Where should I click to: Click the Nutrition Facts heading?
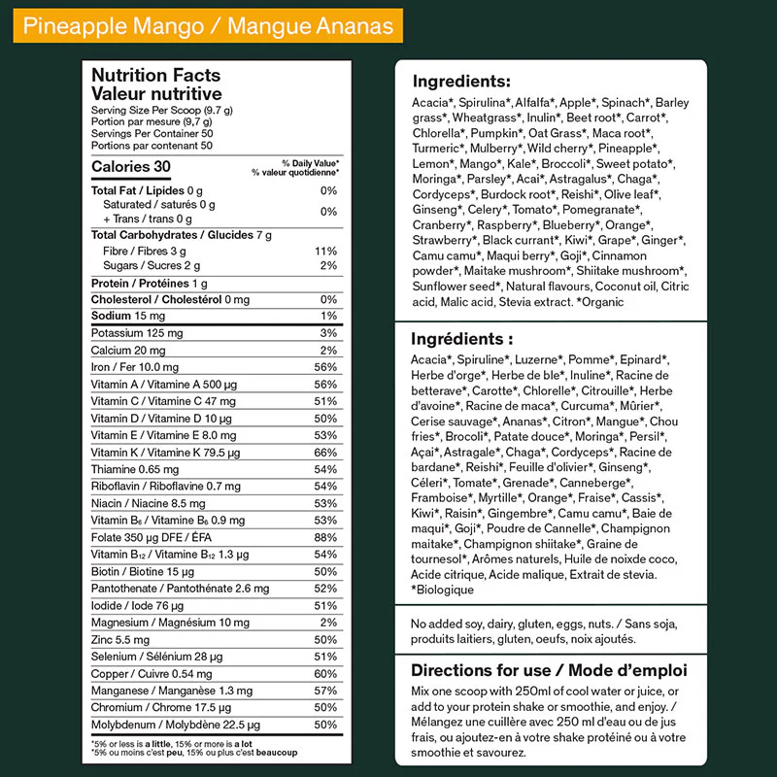click(x=155, y=75)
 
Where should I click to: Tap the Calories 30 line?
click(x=131, y=167)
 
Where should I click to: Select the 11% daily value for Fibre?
click(x=326, y=251)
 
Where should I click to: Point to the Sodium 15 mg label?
click(x=128, y=316)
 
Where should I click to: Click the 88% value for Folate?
click(x=325, y=537)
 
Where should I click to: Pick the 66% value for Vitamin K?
click(x=325, y=453)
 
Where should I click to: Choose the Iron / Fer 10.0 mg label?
click(x=135, y=367)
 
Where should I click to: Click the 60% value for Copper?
click(x=325, y=674)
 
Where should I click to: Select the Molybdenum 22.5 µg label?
click(x=162, y=725)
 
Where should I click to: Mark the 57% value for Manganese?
click(x=325, y=691)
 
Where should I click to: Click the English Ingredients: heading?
click(x=461, y=82)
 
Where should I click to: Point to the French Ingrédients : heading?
click(x=462, y=339)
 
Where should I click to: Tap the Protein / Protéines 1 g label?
click(x=150, y=283)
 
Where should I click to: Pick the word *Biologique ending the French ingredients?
click(x=443, y=590)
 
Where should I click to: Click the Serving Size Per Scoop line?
click(x=162, y=111)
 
